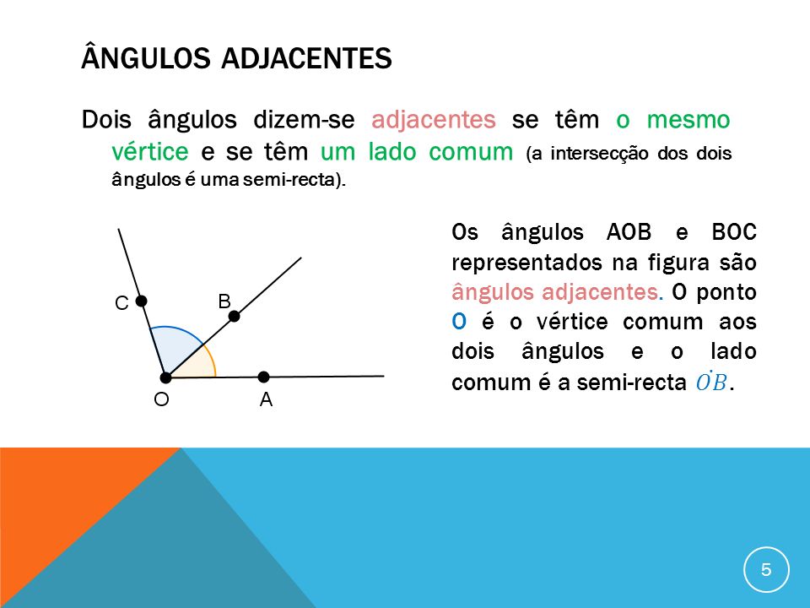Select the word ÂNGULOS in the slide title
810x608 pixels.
143,60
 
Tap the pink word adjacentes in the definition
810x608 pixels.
433,120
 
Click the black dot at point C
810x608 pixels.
142,300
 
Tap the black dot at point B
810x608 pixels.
235,317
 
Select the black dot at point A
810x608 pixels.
263,377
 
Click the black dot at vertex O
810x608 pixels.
166,377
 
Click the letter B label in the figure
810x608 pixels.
224,301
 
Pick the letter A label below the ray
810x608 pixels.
266,402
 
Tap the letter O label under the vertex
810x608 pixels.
160,400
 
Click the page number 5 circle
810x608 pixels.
766,569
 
